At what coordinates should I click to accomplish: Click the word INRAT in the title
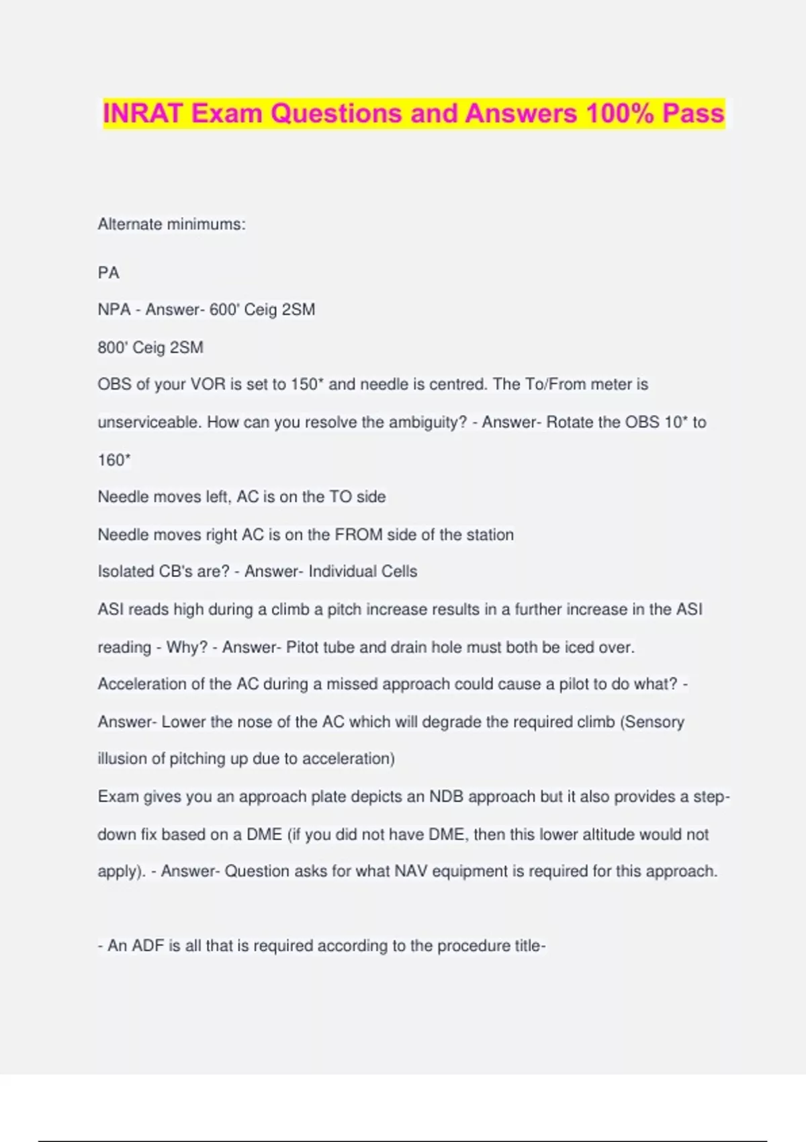(143, 114)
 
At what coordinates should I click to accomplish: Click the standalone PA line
(108, 273)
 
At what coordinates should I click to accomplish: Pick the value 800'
(112, 347)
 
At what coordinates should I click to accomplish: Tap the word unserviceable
(148, 422)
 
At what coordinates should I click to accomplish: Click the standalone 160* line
(114, 460)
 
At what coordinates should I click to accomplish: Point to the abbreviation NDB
(446, 796)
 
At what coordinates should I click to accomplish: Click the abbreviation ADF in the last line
(148, 946)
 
